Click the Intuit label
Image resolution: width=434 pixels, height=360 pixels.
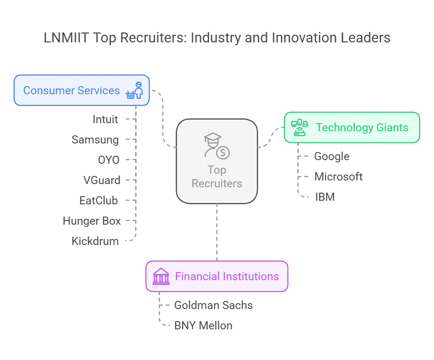click(105, 120)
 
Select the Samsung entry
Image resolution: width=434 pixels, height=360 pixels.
click(95, 140)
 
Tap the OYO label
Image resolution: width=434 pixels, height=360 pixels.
click(108, 160)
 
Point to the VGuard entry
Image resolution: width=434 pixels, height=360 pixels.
click(102, 180)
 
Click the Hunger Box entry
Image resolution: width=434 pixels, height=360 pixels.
click(92, 221)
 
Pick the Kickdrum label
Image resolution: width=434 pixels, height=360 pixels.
click(95, 241)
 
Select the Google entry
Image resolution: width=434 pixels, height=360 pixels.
click(332, 157)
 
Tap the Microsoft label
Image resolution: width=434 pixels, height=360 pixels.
click(338, 176)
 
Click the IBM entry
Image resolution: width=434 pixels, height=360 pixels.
click(325, 197)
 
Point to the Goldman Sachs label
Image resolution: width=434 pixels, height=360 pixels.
click(213, 305)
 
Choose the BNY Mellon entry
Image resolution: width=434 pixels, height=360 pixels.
click(203, 325)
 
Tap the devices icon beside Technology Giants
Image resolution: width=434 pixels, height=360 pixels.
click(300, 128)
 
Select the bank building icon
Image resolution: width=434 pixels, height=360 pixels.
click(161, 276)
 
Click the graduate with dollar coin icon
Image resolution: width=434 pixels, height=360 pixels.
click(217, 145)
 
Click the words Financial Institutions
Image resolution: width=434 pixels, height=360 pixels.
click(227, 276)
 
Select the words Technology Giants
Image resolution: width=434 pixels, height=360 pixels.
click(362, 128)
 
